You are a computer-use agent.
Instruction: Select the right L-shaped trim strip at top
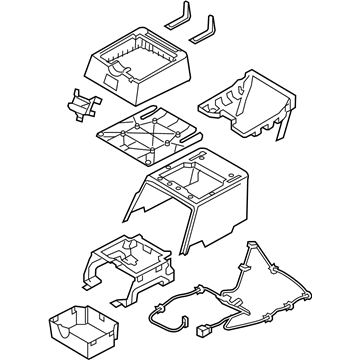[211, 27]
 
